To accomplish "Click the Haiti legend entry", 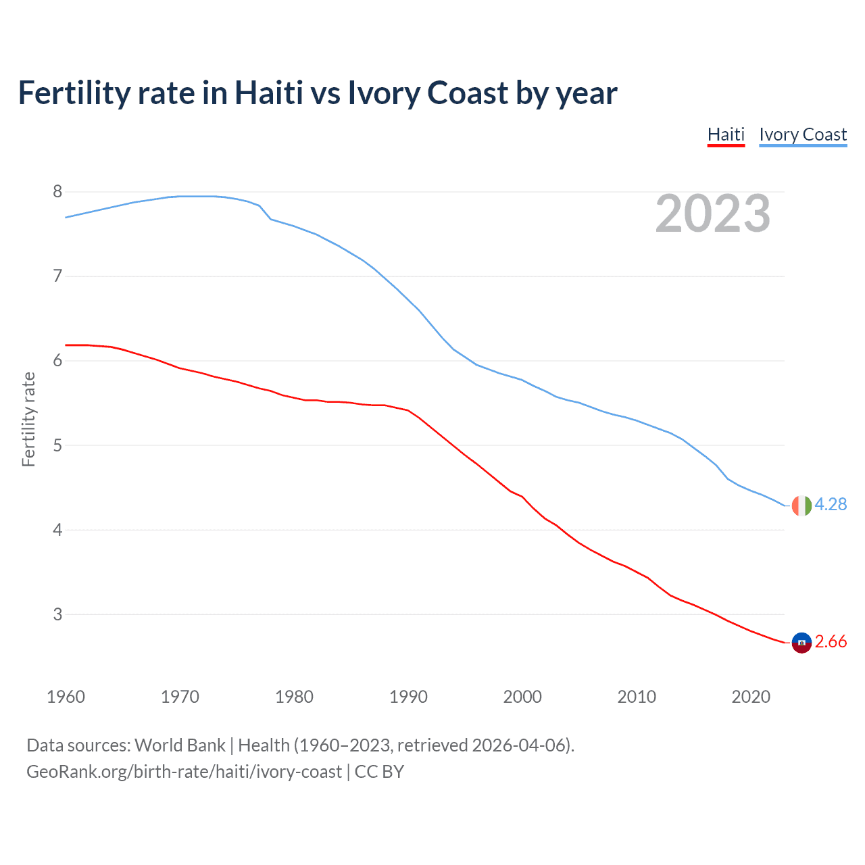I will point(726,134).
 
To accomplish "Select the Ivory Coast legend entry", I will point(803,134).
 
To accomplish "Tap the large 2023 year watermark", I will point(712,214).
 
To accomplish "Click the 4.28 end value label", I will point(831,504).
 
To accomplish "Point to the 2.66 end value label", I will point(831,641).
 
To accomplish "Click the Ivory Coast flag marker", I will point(801,505).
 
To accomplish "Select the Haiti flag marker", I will point(801,643).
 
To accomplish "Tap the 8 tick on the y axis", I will point(57,192).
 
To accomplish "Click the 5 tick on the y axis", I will point(57,445).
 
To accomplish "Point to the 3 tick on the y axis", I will point(57,614).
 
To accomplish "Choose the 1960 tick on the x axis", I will point(66,697).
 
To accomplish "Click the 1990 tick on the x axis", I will point(408,697).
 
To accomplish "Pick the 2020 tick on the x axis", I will point(751,697).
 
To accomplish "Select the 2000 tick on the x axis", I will point(522,697).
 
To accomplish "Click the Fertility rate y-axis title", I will point(28,419).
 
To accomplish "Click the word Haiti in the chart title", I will point(268,93).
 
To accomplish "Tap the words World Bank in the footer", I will point(180,745).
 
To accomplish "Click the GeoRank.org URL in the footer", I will point(184,772).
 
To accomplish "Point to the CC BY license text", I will point(379,772).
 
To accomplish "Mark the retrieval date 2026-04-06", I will point(520,745).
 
